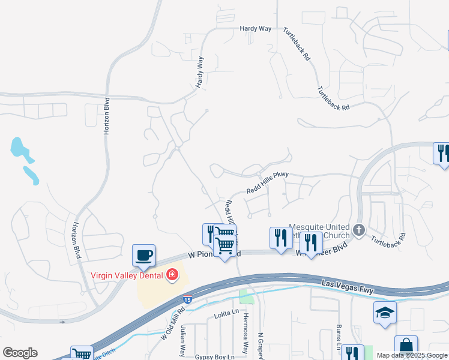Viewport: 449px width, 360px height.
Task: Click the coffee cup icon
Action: click(x=144, y=256)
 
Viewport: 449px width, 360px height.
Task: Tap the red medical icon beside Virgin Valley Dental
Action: click(x=173, y=275)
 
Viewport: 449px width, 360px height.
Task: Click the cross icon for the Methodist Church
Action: click(x=358, y=230)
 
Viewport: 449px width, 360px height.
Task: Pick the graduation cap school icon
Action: click(x=385, y=313)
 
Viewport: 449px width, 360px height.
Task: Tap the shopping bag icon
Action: click(x=406, y=346)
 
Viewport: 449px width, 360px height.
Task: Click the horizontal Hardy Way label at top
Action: click(x=256, y=28)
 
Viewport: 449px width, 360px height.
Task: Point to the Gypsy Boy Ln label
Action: click(x=215, y=356)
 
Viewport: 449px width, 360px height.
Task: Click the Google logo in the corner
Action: click(x=20, y=352)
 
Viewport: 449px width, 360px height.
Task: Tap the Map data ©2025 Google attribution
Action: click(x=412, y=355)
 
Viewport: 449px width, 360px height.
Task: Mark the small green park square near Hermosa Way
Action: click(x=244, y=296)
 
